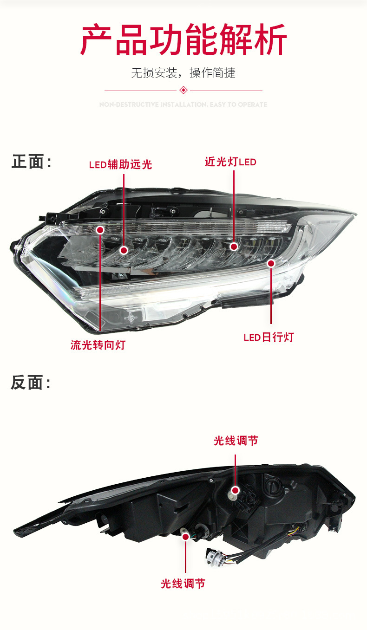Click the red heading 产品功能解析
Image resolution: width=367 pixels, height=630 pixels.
[183, 41]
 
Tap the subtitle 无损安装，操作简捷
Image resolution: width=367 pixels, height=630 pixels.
[183, 73]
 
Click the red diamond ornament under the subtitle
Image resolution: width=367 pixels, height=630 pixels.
[183, 90]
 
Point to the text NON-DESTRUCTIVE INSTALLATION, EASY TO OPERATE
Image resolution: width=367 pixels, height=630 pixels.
[183, 105]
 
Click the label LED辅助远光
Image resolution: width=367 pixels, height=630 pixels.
[120, 164]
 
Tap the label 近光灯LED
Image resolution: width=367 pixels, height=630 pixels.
[230, 162]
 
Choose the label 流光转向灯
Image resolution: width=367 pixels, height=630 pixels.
[98, 345]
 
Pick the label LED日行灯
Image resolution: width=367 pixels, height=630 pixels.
[269, 337]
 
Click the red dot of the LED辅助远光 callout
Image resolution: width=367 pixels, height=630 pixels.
[124, 250]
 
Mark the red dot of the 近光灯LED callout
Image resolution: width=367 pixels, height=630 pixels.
[234, 247]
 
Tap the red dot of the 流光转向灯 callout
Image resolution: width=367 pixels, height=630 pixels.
[100, 229]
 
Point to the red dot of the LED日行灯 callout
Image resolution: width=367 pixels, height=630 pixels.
[271, 263]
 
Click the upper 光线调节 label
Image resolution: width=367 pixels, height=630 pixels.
[236, 441]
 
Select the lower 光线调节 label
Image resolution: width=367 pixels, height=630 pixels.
[183, 584]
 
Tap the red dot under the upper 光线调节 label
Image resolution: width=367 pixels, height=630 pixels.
[236, 490]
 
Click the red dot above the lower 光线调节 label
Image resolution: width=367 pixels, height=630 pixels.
[186, 537]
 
